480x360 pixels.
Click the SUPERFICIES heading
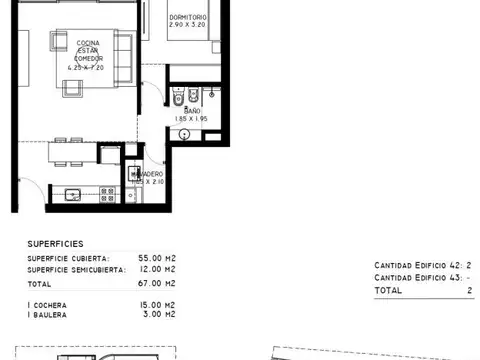pos(55,243)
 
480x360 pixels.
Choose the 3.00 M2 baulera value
pos(163,314)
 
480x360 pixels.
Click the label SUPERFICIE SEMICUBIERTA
pos(76,269)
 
